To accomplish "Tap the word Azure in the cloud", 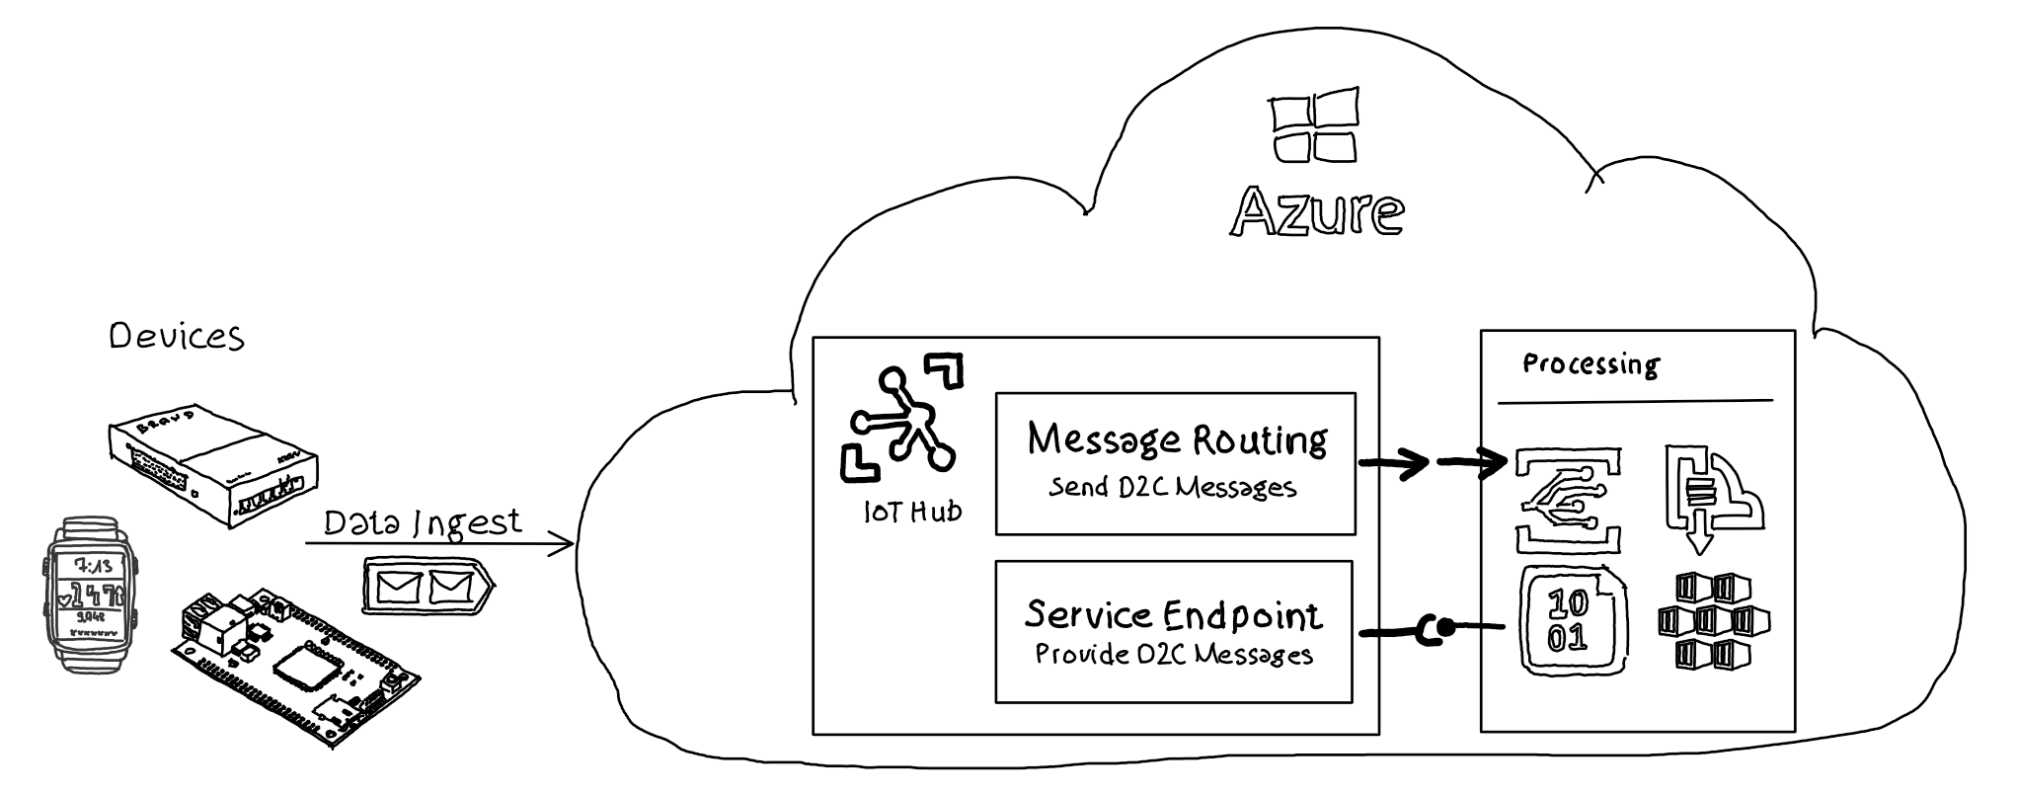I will [1317, 211].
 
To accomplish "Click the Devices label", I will [177, 337].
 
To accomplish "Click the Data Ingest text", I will [423, 521].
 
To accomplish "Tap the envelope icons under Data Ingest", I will [427, 587].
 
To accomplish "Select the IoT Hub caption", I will [911, 512].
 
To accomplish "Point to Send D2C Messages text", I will [1173, 487].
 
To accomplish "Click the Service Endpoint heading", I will [1174, 614].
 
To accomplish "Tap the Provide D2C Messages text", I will [1174, 655].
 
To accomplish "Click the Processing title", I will [1590, 364].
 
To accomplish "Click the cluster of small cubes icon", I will [1713, 621].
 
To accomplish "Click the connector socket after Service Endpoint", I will [1434, 627].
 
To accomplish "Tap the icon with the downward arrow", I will [1711, 499].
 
